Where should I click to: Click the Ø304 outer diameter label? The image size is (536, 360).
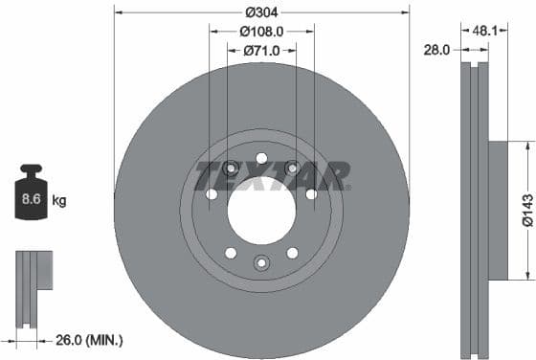pos(261,12)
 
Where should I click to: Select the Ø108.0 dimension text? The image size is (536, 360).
pos(261,31)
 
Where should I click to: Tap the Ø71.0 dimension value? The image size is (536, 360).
pos(261,50)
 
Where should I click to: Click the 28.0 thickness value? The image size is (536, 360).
pos(436,50)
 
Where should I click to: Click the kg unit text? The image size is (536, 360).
pos(59,201)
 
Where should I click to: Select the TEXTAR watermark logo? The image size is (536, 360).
pos(272,175)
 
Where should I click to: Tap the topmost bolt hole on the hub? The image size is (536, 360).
pos(261,158)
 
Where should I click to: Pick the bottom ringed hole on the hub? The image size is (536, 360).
pos(261,262)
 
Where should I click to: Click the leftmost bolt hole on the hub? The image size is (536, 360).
pos(212,194)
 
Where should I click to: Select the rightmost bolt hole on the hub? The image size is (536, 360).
pos(311,194)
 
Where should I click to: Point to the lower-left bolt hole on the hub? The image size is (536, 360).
pos(231,253)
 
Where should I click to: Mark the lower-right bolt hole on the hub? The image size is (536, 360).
pos(293,253)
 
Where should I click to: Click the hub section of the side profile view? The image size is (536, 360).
pos(504,211)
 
